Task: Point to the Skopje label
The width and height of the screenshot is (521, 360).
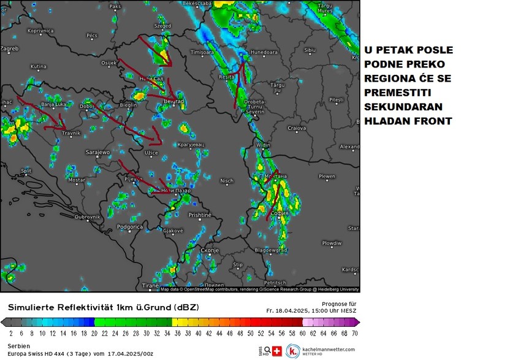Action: pyautogui.click(x=210, y=250)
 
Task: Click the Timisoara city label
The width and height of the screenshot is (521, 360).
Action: pyautogui.click(x=205, y=53)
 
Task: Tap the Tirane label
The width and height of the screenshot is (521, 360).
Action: pyautogui.click(x=150, y=286)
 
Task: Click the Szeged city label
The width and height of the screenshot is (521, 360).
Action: pyautogui.click(x=162, y=26)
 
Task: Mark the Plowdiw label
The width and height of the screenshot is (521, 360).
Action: pyautogui.click(x=331, y=243)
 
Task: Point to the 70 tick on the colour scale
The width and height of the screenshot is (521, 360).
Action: pyautogui.click(x=354, y=334)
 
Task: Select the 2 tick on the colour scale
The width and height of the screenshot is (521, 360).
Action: pyautogui.click(x=11, y=334)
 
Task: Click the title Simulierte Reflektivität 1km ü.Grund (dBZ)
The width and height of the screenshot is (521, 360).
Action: pyautogui.click(x=103, y=306)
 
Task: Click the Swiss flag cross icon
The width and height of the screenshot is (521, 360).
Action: pyautogui.click(x=276, y=351)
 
